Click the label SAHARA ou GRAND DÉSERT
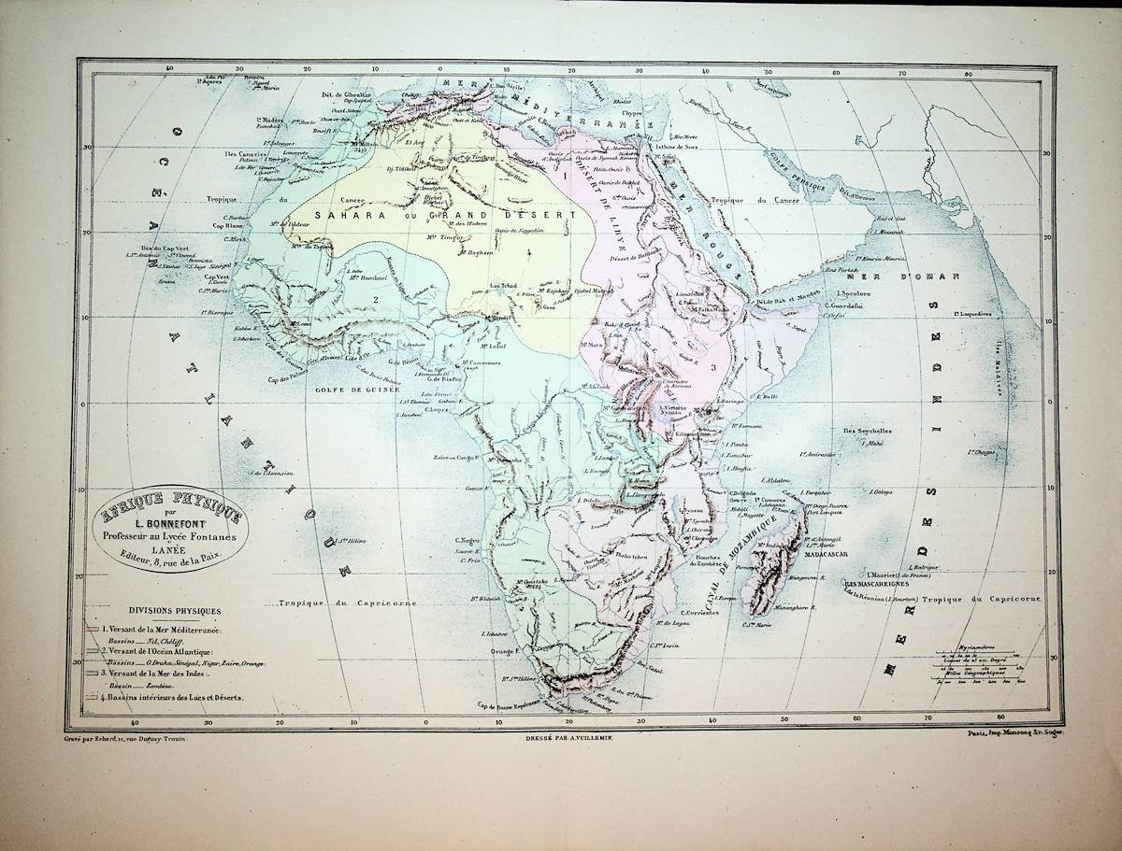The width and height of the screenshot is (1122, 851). pos(449,215)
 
